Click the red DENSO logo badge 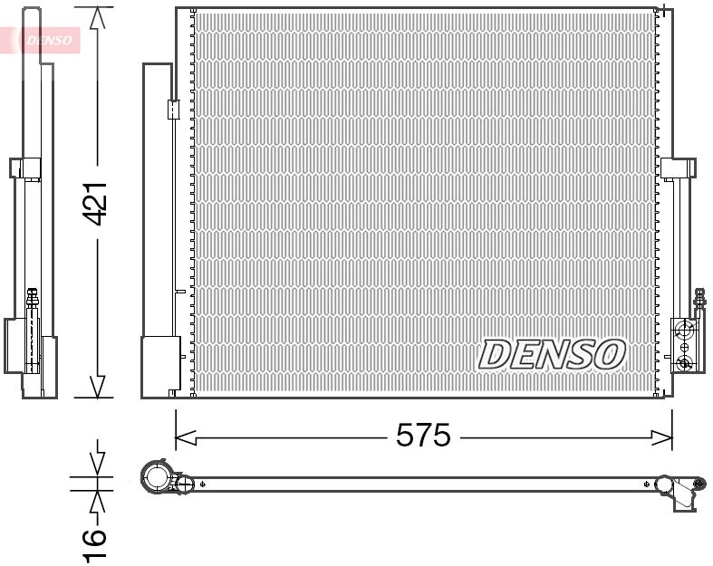tap(45, 40)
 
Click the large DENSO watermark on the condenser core tap(551, 354)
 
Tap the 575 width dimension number tap(423, 436)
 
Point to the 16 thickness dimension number tap(94, 541)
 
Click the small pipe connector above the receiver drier tap(173, 109)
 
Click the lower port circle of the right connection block tap(685, 363)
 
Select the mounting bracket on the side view tap(25, 169)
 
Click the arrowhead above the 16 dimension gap tap(97, 463)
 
